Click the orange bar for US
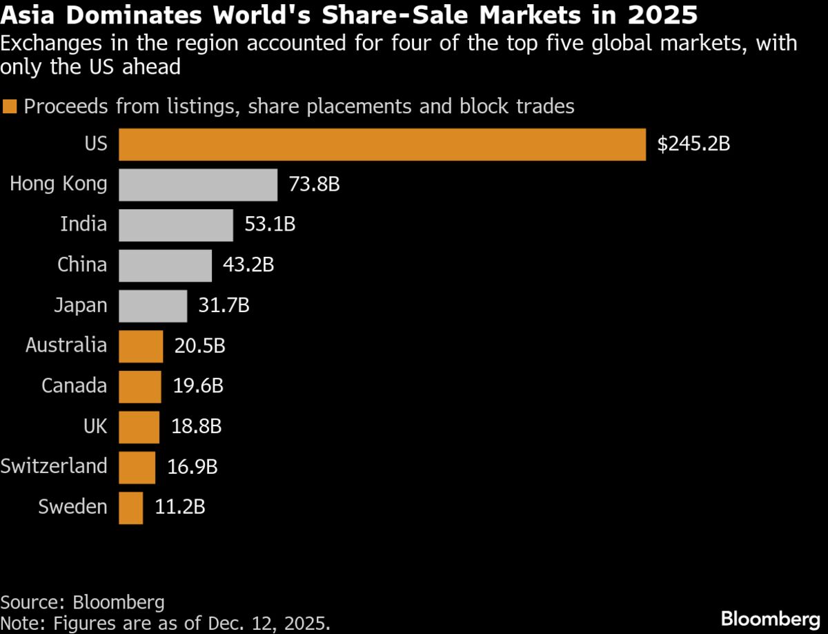coord(382,144)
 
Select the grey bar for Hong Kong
coord(198,184)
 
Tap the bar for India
coord(176,225)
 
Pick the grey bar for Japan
coord(152,306)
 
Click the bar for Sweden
coord(130,508)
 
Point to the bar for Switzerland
coord(137,467)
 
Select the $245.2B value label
coord(693,144)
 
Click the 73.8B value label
coord(314,184)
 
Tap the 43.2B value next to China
coord(248,265)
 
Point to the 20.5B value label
coord(199,346)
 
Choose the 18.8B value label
coord(196,427)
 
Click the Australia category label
coord(66,345)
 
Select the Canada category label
coord(75,386)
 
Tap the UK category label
coord(95,426)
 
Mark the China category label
coord(82,265)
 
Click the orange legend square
coord(10,107)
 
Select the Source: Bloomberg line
coord(82,602)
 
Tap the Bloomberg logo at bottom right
coord(770,618)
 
